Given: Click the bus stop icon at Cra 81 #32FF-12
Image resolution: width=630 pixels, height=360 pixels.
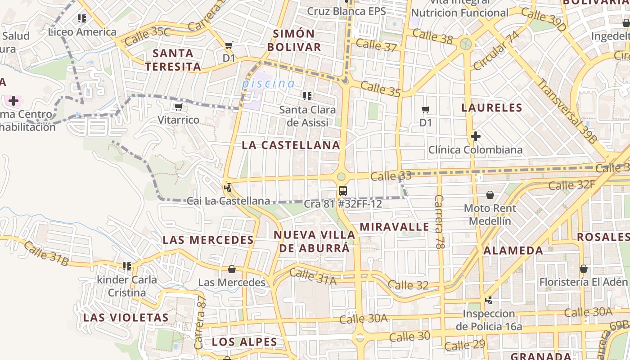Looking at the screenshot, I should [343, 191].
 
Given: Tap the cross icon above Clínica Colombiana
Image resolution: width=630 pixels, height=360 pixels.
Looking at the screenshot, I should [475, 136].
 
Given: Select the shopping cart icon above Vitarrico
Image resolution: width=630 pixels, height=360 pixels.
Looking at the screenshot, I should [179, 107].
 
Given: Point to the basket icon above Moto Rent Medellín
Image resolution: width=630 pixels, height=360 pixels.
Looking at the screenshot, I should [490, 195].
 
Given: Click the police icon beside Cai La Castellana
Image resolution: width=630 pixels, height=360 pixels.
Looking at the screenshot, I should [228, 187].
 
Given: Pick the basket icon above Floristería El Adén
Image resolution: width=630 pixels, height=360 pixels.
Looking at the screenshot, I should [584, 269].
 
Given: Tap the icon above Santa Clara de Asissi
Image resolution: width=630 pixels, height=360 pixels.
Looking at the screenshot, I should [308, 96].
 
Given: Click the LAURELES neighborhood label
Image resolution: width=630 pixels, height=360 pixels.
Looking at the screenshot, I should [492, 108].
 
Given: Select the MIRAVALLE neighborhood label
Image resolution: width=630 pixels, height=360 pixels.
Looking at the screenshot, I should [394, 226].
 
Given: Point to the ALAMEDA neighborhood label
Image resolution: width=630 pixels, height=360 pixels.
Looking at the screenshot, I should [513, 251].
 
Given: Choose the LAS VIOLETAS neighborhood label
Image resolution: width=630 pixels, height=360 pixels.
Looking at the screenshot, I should [126, 317].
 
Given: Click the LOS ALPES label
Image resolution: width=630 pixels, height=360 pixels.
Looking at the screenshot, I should [244, 342].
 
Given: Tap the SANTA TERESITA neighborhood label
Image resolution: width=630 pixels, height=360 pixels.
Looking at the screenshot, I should [173, 60].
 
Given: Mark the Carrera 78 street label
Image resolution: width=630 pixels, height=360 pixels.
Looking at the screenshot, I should [440, 222].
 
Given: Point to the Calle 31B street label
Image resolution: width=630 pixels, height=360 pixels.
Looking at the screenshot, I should [46, 253].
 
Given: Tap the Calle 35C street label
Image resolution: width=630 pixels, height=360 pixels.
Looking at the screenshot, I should [148, 36].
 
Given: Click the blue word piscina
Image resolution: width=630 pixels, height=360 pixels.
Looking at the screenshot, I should [268, 83].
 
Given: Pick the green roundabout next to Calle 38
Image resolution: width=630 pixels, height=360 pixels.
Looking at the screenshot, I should [466, 44].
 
